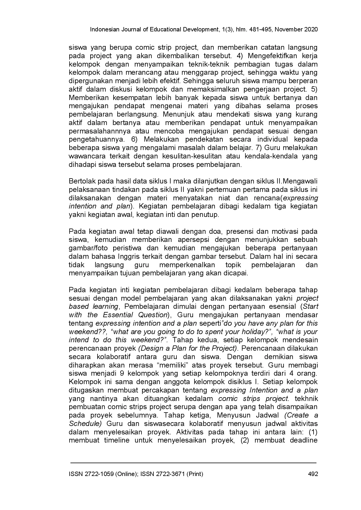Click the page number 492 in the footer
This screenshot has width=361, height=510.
point(313,474)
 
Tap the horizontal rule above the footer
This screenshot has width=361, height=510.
point(193,462)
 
